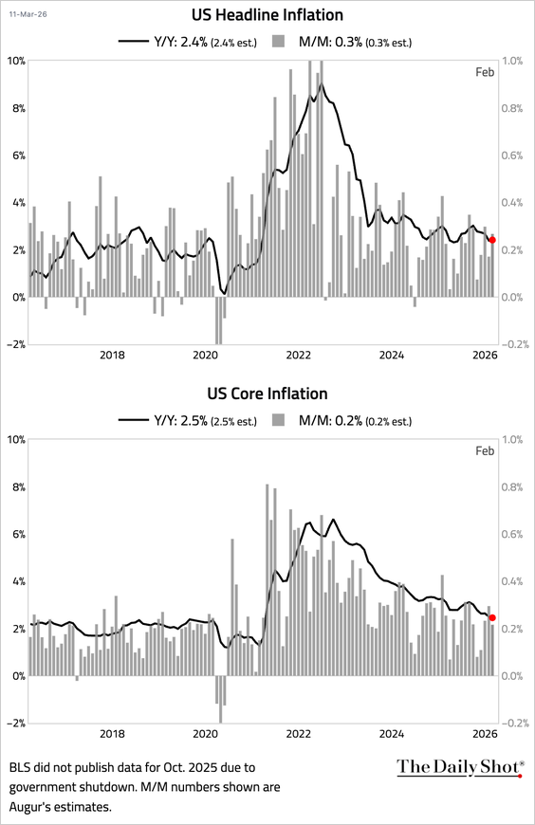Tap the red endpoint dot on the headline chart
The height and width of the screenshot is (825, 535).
[491, 240]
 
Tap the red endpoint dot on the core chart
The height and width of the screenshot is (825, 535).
[491, 617]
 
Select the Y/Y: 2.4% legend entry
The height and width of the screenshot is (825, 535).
[186, 41]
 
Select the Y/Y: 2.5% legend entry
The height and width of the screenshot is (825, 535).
[186, 420]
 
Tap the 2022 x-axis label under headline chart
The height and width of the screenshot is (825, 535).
[299, 356]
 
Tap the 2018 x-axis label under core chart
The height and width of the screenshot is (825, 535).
[112, 733]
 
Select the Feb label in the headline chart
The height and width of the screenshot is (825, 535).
[485, 73]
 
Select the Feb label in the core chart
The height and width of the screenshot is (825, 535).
[485, 451]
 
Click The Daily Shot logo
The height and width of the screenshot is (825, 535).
[459, 767]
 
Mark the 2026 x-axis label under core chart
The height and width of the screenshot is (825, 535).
[484, 733]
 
